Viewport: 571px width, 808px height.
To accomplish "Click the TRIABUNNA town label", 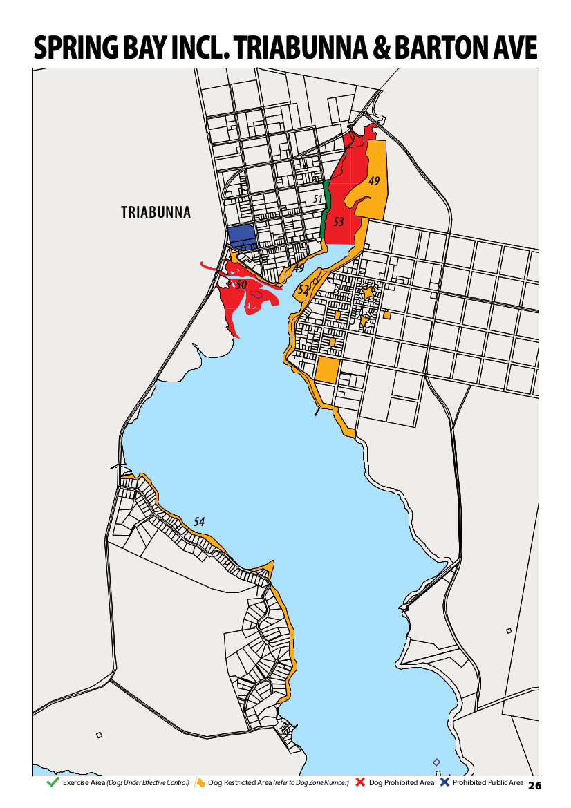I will (x=156, y=212).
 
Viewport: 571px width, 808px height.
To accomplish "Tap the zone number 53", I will (x=338, y=222).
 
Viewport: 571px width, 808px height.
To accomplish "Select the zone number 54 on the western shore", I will (x=199, y=522).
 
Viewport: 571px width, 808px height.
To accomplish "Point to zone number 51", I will (x=318, y=199).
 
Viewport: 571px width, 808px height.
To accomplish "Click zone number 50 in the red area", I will (x=241, y=284).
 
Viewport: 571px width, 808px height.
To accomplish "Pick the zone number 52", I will (x=303, y=290).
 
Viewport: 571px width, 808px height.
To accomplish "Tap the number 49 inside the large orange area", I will (x=374, y=181).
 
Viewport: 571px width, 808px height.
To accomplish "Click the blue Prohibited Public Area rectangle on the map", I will (x=242, y=236).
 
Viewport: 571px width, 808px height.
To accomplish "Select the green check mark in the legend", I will (x=52, y=782).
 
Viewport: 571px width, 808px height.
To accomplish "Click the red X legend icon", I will (x=360, y=782).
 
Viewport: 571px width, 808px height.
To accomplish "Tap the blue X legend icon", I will (x=444, y=782).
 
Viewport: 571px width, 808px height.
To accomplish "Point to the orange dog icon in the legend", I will (x=200, y=782).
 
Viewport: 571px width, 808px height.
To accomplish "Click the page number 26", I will (x=534, y=785).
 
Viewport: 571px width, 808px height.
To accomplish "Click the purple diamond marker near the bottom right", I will (x=436, y=762).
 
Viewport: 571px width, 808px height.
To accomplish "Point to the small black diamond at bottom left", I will (x=99, y=735).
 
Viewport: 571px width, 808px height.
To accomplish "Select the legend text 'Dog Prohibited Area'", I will (x=402, y=782).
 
